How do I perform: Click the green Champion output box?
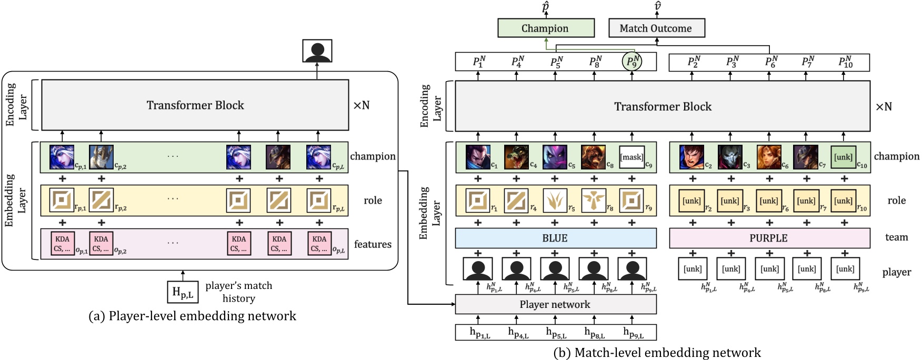546,28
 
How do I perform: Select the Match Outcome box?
656,28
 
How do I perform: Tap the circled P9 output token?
632,62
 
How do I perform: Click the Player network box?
555,304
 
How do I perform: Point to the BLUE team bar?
555,238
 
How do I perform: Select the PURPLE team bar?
768,238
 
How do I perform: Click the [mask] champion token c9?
632,157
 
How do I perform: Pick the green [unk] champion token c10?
843,157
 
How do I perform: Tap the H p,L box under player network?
183,292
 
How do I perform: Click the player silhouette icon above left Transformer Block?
317,51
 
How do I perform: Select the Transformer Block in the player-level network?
195,105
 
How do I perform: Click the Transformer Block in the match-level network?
662,107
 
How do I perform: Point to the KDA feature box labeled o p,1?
62,244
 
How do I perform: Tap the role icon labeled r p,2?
101,200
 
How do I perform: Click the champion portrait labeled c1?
478,157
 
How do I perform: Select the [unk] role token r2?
691,201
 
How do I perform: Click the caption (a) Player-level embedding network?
192,316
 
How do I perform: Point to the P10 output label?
845,62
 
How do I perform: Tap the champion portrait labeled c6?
768,157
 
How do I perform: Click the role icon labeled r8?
593,200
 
